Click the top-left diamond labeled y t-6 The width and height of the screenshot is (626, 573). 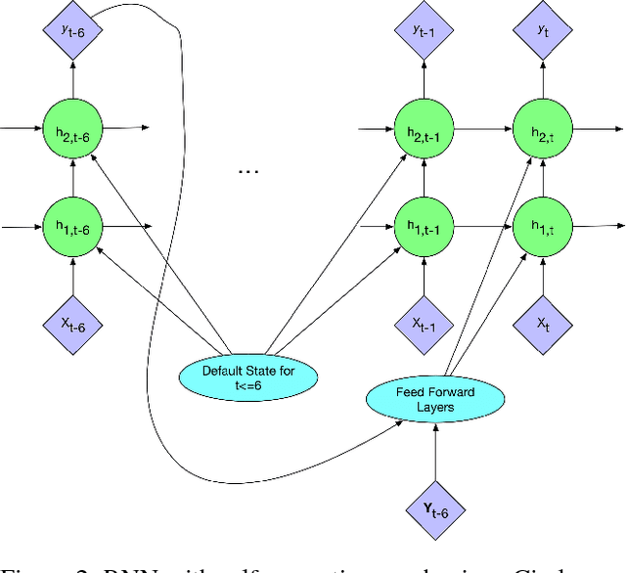(73, 30)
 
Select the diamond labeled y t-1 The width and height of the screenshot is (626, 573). (423, 30)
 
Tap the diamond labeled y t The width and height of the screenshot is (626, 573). (544, 30)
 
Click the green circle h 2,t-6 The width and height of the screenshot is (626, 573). (73, 127)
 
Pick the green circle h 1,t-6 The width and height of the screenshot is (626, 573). (73, 226)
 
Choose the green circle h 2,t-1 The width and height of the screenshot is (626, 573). (423, 128)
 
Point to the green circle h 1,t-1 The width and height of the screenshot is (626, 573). (423, 226)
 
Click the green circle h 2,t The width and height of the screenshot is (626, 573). (544, 128)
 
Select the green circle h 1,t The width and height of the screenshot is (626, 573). (544, 226)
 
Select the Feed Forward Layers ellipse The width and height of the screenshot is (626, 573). (435, 399)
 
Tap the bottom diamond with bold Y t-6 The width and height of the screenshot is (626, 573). (435, 507)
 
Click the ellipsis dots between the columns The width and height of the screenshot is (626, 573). (248, 170)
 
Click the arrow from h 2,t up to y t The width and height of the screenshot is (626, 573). (544, 80)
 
